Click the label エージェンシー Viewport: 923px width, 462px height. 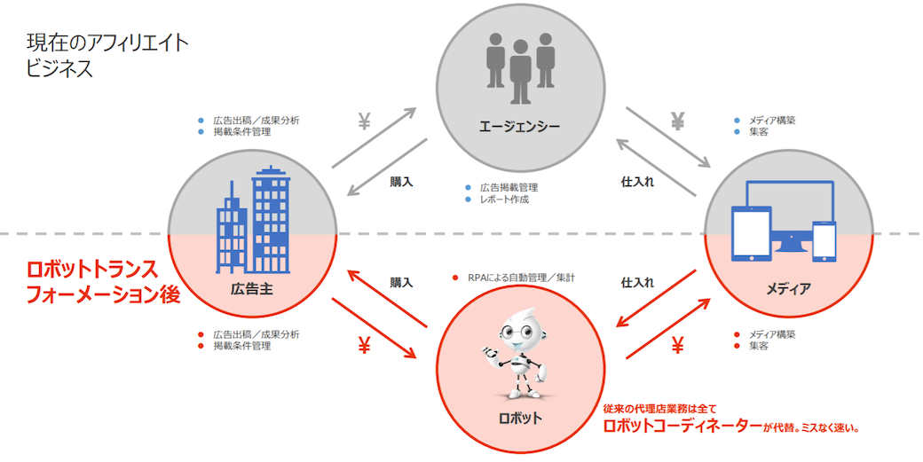(x=519, y=126)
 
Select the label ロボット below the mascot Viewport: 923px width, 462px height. (x=519, y=416)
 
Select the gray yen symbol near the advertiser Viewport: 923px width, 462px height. (x=364, y=122)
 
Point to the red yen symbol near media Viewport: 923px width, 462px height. (x=678, y=346)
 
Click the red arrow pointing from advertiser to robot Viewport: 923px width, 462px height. (x=374, y=327)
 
